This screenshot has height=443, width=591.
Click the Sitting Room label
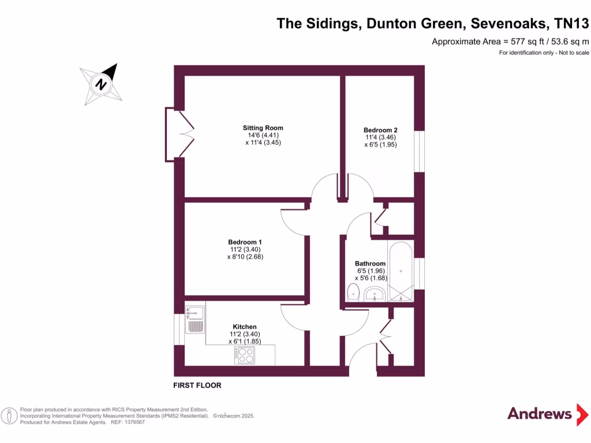pyautogui.click(x=263, y=128)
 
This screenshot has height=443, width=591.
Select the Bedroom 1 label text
pyautogui.click(x=245, y=242)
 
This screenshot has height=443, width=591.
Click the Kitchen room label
pyautogui.click(x=245, y=326)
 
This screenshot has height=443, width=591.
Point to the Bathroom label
pyautogui.click(x=370, y=264)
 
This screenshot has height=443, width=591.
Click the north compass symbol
pyautogui.click(x=102, y=84)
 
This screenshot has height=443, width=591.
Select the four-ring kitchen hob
pyautogui.click(x=245, y=355)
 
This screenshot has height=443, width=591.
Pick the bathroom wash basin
pyautogui.click(x=375, y=295)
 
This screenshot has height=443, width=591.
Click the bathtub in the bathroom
pyautogui.click(x=400, y=271)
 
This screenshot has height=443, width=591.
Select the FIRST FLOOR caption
pyautogui.click(x=197, y=385)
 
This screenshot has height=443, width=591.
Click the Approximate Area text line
pyautogui.click(x=510, y=42)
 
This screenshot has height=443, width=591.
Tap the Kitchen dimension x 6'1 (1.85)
pyautogui.click(x=245, y=341)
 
